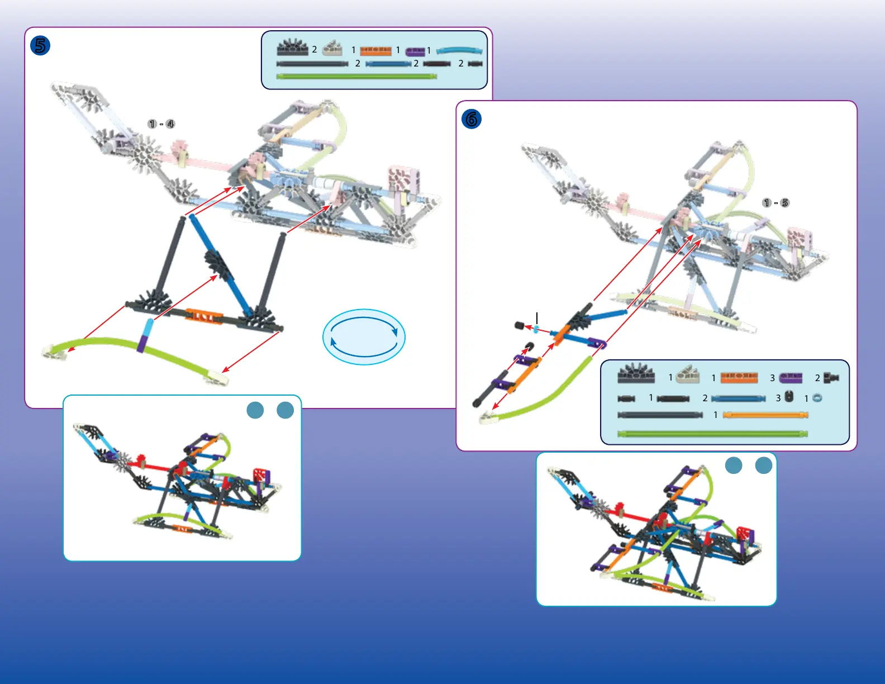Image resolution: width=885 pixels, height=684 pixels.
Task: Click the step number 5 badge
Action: coord(40,45)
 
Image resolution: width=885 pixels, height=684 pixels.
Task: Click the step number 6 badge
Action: coord(472,119)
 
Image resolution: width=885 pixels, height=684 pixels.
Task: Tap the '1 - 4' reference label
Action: coord(161,124)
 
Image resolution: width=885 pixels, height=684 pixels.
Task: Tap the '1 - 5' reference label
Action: coord(775,203)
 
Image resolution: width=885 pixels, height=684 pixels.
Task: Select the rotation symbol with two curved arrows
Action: coord(364,337)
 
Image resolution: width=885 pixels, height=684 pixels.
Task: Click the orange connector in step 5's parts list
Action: coord(375,51)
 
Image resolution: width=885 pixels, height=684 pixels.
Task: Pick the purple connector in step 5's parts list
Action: coord(415,52)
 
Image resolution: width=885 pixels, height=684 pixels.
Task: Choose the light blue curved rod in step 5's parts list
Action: coord(459,50)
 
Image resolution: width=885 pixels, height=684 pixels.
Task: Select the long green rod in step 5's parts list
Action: coord(356,77)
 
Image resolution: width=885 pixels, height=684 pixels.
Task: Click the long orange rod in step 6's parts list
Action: coord(765,415)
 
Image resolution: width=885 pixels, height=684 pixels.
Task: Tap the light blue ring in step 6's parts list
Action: coord(817,398)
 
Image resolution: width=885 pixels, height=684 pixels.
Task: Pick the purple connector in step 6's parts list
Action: coord(791,378)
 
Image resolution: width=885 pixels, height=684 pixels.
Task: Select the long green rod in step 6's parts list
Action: coord(712,434)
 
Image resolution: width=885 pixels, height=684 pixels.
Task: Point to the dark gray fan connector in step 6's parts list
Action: coord(636,374)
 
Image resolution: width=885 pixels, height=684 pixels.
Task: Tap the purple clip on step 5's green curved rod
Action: coord(143,343)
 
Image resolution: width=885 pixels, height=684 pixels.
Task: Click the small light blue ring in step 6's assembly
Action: coord(536,329)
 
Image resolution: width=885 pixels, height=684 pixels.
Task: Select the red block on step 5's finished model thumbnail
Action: coord(259,475)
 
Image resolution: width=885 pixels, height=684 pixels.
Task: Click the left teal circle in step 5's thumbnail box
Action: coord(255,410)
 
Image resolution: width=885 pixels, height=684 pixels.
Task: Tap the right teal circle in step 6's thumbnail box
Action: coord(764,465)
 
